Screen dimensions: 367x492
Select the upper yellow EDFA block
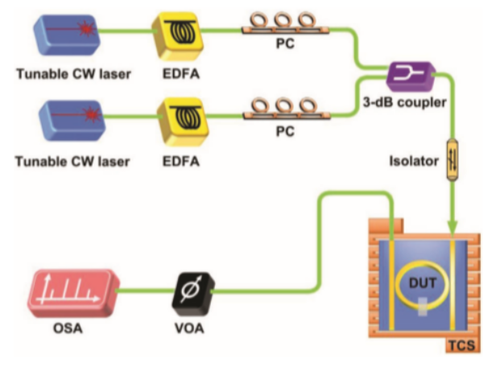pyautogui.click(x=184, y=35)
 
